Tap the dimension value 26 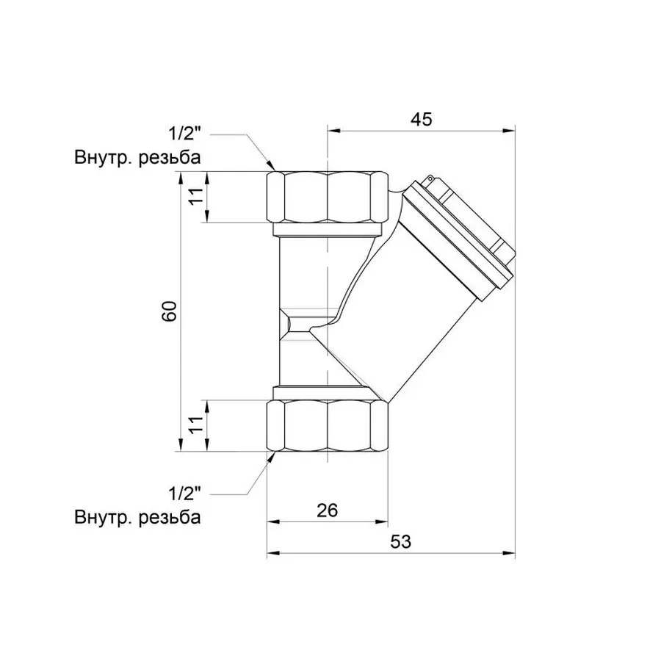(328, 510)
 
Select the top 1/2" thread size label (184, 134)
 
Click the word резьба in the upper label (169, 158)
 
